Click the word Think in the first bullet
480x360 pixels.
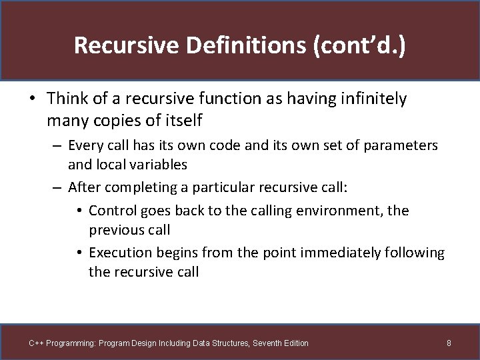(x=68, y=99)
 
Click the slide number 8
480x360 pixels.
(x=449, y=343)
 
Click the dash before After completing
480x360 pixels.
(x=57, y=187)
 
